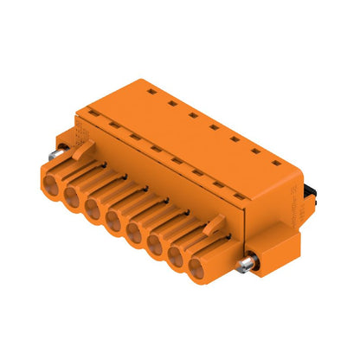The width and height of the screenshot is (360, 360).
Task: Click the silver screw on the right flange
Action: point(250,263)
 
